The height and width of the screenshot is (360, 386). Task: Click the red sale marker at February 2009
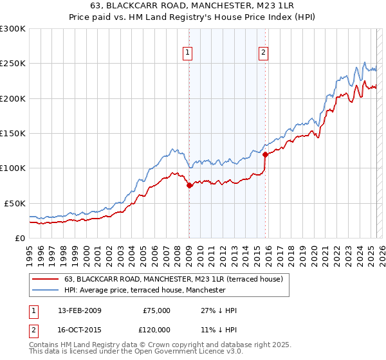tap(189, 186)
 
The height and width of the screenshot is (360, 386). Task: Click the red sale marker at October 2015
tap(265, 154)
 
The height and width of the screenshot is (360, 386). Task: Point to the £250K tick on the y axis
tap(13, 64)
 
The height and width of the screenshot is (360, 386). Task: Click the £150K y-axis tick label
tap(13, 133)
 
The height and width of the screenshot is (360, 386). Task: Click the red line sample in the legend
tap(45, 279)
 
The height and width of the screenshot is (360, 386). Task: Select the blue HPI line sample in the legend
tap(45, 290)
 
